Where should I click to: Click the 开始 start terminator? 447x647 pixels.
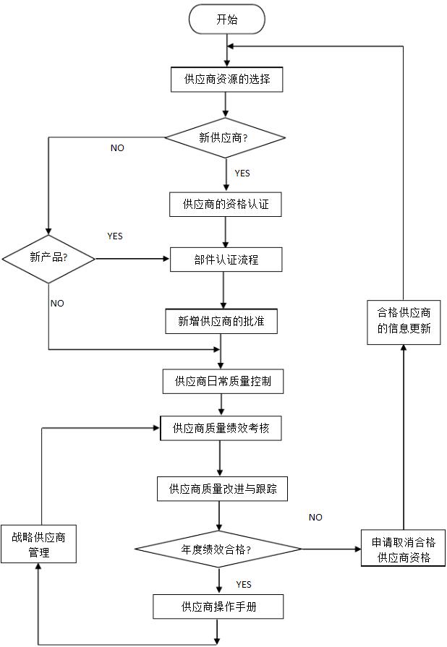(226, 20)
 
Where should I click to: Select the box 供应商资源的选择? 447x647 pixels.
(226, 79)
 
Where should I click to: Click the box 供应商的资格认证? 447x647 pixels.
(225, 205)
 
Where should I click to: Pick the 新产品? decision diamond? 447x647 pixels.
(48, 258)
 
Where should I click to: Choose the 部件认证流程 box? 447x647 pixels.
(225, 260)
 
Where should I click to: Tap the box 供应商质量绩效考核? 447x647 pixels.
(219, 429)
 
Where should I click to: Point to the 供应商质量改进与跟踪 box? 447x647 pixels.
(222, 489)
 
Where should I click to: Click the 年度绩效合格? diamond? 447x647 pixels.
(218, 549)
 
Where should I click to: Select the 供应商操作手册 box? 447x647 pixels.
(218, 607)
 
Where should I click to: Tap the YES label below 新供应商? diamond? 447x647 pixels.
(242, 173)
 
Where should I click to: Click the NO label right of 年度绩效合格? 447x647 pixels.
(315, 518)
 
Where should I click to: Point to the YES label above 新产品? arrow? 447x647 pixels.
(115, 236)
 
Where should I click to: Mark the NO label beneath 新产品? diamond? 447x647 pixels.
(57, 304)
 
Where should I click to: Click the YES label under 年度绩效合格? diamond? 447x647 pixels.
(244, 584)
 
